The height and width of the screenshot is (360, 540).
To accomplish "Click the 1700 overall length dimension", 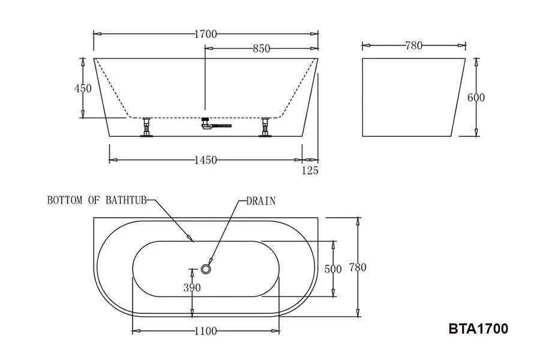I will [x=205, y=34].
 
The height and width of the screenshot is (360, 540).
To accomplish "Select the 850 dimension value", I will [x=261, y=49].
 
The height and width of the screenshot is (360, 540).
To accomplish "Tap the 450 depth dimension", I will [x=83, y=88].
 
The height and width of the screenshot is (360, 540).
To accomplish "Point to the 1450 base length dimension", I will [x=205, y=160].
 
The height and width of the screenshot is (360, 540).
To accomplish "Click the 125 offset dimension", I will [x=310, y=171].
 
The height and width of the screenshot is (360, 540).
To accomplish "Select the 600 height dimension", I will [x=476, y=98].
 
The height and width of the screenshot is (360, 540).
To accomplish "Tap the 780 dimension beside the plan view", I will [x=357, y=267].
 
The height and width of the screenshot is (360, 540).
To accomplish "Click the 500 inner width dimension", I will [x=333, y=269].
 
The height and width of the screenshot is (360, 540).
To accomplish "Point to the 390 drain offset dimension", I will [x=192, y=287].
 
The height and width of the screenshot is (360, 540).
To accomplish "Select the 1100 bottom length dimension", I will [x=205, y=331].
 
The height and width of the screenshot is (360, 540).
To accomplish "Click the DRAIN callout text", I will [x=261, y=201].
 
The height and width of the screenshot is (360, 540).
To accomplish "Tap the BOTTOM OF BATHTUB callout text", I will [x=97, y=200].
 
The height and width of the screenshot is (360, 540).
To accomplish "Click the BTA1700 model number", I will [x=478, y=329].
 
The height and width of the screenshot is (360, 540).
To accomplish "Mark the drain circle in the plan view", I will [x=207, y=269].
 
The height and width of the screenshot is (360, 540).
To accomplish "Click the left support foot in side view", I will [x=146, y=128].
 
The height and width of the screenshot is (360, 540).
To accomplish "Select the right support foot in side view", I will [x=265, y=128].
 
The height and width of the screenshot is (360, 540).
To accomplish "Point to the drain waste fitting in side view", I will [x=210, y=125].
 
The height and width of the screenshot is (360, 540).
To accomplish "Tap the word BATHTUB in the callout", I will [x=125, y=200].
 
